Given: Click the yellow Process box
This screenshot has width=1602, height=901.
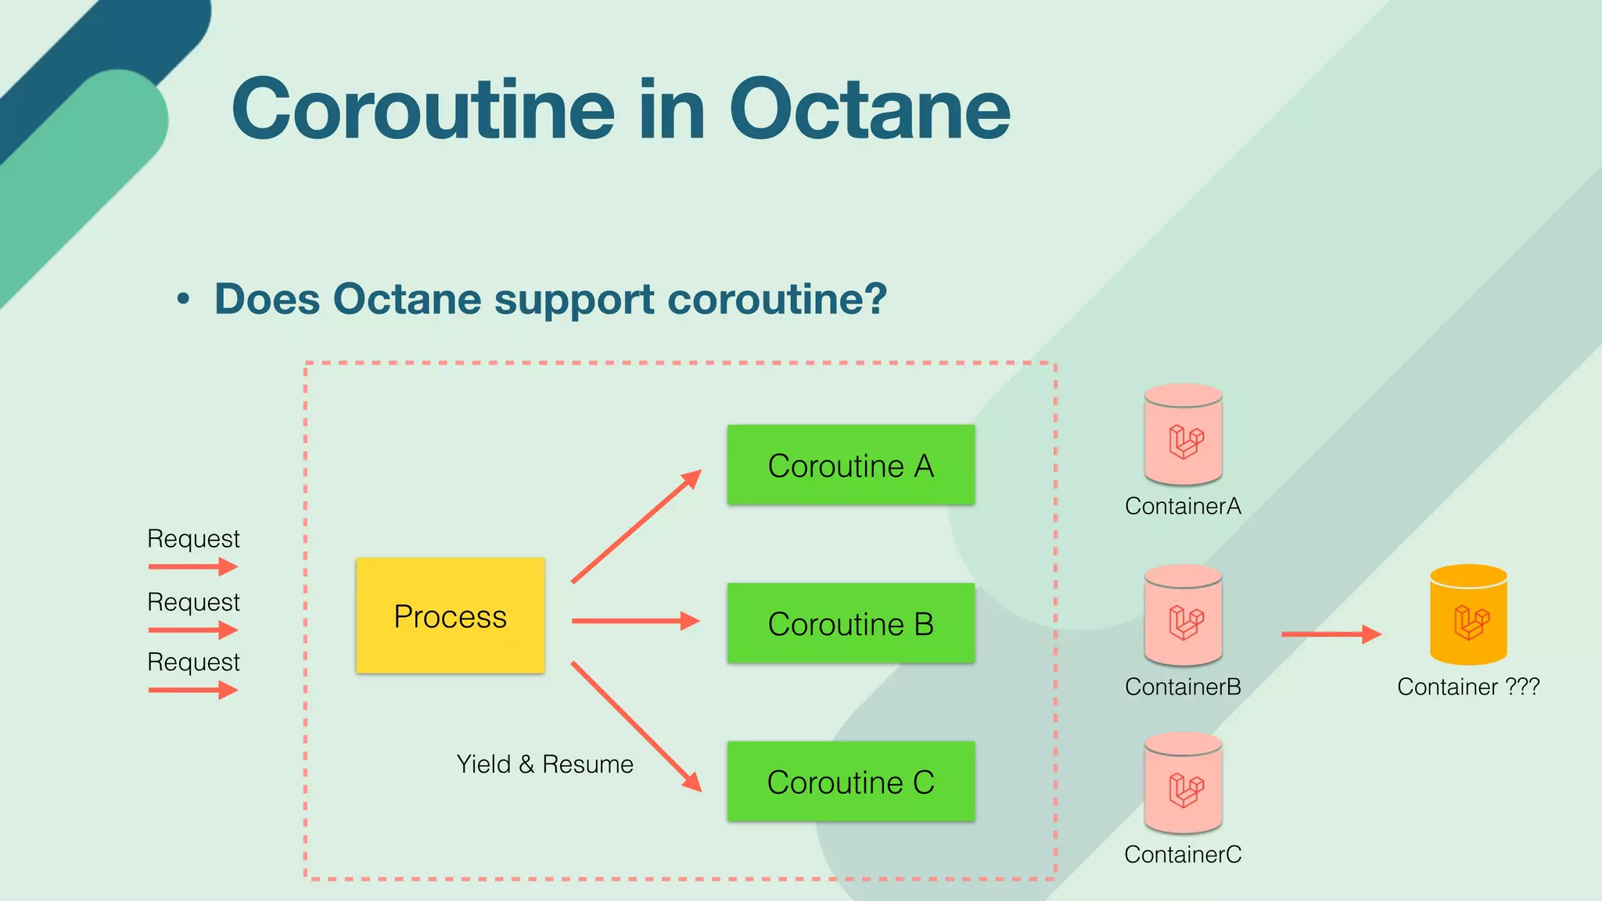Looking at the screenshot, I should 450,616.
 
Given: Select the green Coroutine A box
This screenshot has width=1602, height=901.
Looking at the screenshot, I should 850,465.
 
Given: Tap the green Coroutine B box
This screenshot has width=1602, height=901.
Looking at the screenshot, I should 850,623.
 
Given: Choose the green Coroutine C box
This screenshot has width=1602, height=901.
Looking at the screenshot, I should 850,781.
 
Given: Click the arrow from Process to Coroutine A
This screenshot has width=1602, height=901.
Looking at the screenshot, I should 635,527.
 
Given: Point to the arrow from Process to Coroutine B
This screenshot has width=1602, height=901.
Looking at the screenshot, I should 635,621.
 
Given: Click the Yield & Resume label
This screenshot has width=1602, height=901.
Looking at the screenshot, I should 544,764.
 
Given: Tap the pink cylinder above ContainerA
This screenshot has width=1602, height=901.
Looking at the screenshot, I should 1183,435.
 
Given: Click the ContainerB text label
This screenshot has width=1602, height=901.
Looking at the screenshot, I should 1183,687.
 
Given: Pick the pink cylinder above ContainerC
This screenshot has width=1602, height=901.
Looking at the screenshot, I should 1183,784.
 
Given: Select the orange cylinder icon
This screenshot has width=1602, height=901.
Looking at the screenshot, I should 1468,616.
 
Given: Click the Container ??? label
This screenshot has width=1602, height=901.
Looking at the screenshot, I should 1468,687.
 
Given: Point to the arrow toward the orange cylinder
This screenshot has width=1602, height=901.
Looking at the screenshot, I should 1331,634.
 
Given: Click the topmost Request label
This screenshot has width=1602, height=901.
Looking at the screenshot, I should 193,539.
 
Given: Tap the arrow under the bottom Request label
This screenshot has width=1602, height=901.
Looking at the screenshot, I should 192,690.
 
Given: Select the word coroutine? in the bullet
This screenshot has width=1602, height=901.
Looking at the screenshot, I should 778,299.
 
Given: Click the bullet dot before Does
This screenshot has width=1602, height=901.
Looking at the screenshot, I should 183,299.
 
